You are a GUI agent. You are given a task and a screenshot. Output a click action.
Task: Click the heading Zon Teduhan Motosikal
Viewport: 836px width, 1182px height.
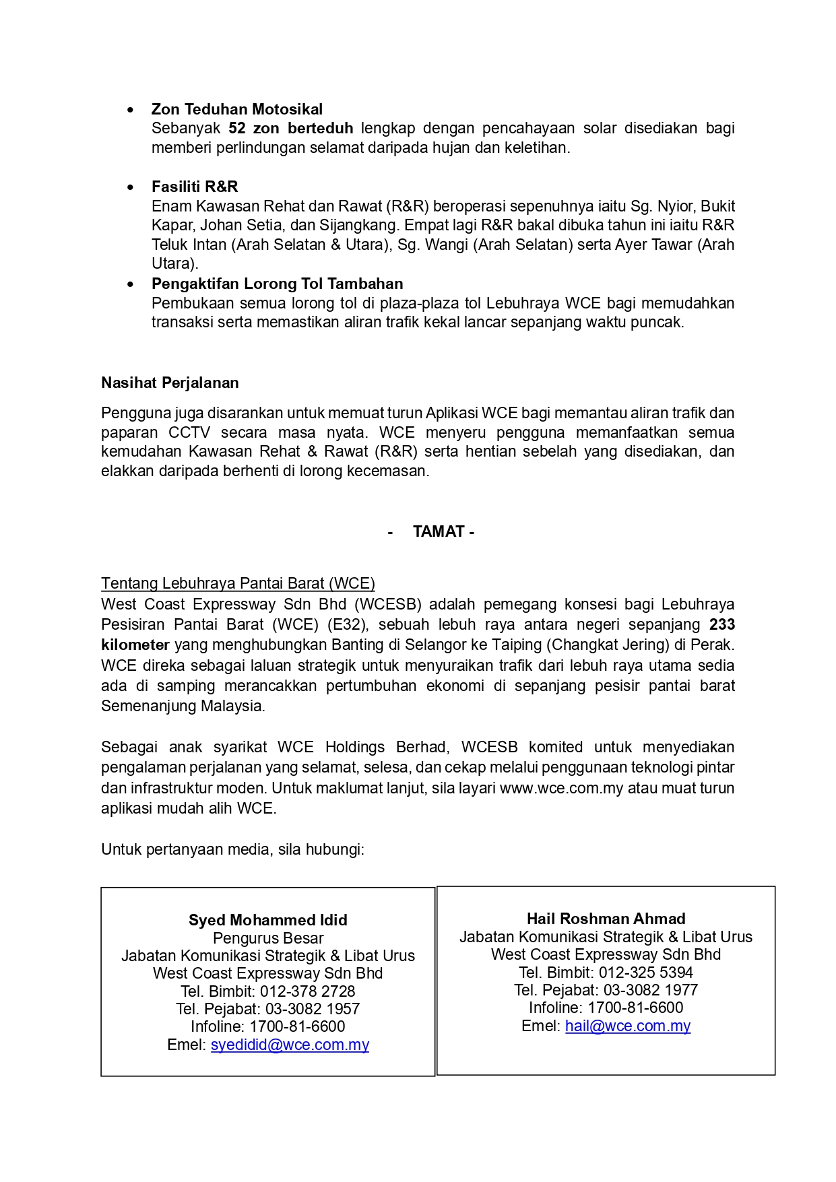click(x=236, y=109)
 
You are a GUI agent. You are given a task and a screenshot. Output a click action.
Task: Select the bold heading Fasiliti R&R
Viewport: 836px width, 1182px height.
click(x=194, y=187)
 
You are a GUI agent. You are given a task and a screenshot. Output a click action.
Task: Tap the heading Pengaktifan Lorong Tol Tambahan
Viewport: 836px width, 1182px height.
click(x=277, y=284)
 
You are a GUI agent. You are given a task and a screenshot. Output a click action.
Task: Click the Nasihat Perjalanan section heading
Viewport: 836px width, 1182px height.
click(x=170, y=383)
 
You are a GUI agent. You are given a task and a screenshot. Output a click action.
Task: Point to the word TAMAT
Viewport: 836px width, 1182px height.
click(x=439, y=531)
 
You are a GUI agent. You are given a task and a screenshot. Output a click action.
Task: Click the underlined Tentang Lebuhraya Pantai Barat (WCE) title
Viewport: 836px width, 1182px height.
click(x=238, y=583)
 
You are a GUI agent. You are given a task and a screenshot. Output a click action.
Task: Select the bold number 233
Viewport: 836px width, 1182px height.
click(x=721, y=624)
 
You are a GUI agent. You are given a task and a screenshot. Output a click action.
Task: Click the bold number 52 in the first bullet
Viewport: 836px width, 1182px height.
click(x=236, y=128)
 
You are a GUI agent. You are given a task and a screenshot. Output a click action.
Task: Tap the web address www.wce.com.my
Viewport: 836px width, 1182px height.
click(x=561, y=788)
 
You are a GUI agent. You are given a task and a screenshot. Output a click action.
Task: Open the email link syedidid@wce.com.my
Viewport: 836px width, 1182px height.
click(x=290, y=1045)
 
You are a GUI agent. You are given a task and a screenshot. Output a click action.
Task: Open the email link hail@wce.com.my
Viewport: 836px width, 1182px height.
click(x=628, y=1026)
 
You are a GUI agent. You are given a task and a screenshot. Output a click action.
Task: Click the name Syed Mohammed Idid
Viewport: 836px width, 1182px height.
click(x=267, y=920)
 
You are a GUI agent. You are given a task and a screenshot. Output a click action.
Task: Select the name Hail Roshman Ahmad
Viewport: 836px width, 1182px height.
click(x=606, y=919)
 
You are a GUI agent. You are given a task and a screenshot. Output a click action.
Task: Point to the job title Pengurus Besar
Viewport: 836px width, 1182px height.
click(x=268, y=938)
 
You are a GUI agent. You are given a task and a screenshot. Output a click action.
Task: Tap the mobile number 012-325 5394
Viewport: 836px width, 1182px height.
click(x=645, y=973)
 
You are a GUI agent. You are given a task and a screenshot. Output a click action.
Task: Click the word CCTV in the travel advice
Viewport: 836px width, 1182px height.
click(x=189, y=432)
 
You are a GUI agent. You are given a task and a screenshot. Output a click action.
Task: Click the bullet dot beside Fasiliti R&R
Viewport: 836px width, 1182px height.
click(x=131, y=187)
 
